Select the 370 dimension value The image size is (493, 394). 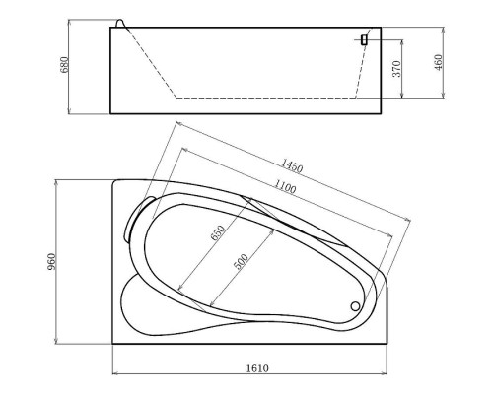[x=395, y=69]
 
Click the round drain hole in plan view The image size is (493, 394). [x=356, y=304]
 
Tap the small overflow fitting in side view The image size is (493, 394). [x=364, y=39]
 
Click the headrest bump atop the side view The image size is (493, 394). [x=121, y=23]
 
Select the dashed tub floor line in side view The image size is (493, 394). [x=266, y=98]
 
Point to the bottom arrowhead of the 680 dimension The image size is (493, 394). [x=73, y=111]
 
